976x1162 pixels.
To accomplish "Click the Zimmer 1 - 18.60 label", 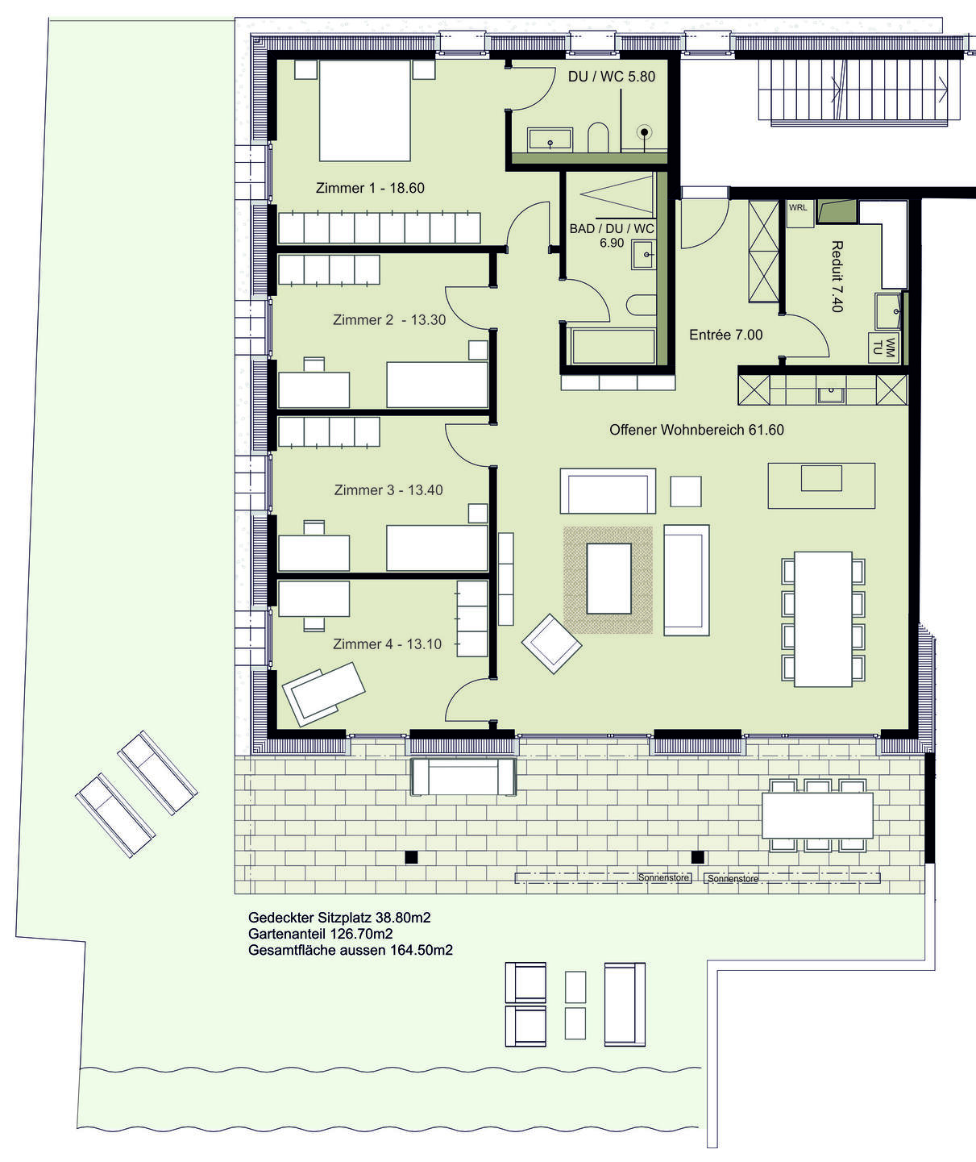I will click(370, 188).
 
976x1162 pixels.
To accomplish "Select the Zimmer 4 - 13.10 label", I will click(387, 643).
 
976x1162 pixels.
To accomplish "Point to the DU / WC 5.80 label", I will click(612, 77).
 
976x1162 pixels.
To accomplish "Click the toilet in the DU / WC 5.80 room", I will click(598, 137).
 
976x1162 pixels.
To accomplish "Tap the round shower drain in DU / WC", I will click(645, 132).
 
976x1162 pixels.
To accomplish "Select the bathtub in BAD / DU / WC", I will click(612, 346).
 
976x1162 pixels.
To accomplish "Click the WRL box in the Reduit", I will click(799, 214).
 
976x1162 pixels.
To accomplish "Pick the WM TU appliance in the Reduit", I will click(883, 348).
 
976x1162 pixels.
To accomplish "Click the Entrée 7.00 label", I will click(725, 335).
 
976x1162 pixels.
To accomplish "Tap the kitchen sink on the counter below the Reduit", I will click(830, 394).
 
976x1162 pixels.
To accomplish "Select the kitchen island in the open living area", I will click(821, 485).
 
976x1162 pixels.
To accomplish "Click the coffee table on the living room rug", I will click(608, 577).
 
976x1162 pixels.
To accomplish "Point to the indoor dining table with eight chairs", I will click(823, 618).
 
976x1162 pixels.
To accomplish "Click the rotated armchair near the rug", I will click(551, 643).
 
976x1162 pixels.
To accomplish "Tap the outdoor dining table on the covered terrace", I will click(817, 815).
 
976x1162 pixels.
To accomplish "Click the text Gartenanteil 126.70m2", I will click(321, 934).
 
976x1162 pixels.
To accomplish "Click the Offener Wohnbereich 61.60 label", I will click(696, 430).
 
